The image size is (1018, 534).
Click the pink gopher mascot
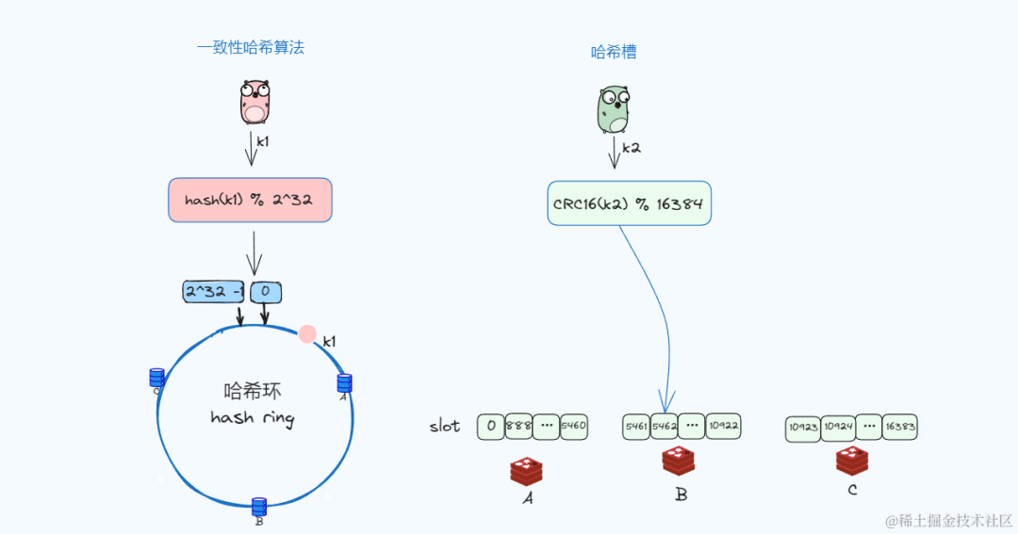coord(255,102)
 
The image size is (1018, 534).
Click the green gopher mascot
coord(613,109)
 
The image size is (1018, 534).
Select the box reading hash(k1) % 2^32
coord(250,200)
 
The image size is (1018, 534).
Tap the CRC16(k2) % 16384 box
coord(629,203)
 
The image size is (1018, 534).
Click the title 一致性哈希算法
coord(251,48)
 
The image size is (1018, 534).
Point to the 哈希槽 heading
coord(614,53)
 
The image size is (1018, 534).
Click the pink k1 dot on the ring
coord(307,333)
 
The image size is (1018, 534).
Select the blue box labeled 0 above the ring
coord(266,292)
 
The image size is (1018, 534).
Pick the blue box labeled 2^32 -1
coord(213,292)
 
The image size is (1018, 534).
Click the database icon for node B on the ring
coord(259,507)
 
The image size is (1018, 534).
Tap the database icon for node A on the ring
coord(344,383)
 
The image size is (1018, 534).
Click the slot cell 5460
coord(573,426)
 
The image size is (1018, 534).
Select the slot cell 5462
coord(665,427)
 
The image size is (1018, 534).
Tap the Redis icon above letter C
coord(851,461)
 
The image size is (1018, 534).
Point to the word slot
coord(445,427)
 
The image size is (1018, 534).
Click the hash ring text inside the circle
coord(252,417)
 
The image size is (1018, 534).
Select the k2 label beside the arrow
coord(632,148)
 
